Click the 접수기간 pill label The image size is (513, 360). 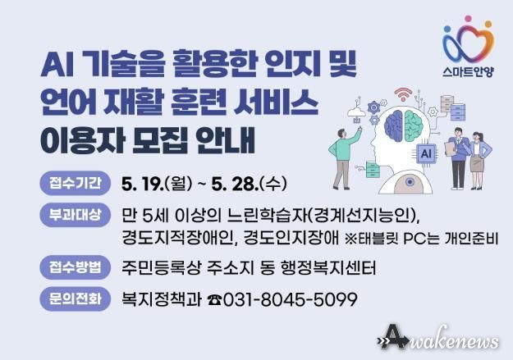point(75,183)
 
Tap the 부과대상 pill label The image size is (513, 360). point(75,215)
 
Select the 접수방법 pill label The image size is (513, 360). point(75,267)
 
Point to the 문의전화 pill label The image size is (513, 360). point(75,298)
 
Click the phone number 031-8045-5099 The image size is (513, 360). point(290,299)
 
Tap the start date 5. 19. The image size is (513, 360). point(142,184)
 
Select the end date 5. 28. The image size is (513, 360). point(235,184)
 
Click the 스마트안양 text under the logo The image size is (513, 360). point(468,71)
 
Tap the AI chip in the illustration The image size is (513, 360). point(426,153)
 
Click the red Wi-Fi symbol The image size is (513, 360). point(403,94)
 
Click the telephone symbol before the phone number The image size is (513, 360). point(214,300)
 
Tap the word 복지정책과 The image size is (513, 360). point(162,299)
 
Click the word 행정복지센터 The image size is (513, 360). point(328,268)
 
